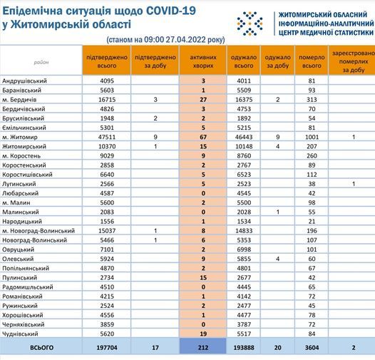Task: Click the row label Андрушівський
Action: (24, 81)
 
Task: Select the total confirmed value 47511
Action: (107, 137)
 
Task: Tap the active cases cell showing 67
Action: (203, 137)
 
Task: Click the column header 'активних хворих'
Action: (203, 61)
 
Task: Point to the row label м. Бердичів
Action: (19, 100)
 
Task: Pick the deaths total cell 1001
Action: (312, 137)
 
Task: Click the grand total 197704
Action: (107, 348)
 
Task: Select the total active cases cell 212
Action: (203, 348)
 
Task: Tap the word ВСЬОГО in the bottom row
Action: (41, 348)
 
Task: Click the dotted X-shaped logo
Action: (250, 24)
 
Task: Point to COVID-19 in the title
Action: (171, 11)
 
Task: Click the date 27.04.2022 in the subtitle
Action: (185, 39)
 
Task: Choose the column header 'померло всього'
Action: (312, 61)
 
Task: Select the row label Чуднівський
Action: (20, 334)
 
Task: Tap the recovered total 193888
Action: (244, 348)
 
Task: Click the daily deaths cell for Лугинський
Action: (354, 184)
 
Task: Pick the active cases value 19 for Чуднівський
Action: (203, 334)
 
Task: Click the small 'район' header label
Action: (41, 63)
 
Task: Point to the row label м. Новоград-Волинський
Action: (38, 231)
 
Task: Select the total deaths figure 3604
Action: (312, 348)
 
